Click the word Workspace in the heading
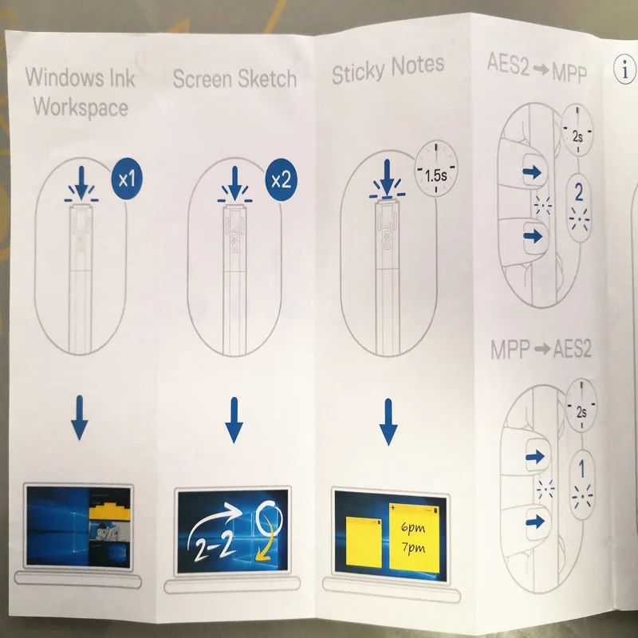point(81,107)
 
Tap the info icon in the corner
point(625,71)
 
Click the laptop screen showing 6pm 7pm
point(389,529)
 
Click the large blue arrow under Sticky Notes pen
point(388,423)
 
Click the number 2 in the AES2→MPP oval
point(579,191)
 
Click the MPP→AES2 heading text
point(540,349)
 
